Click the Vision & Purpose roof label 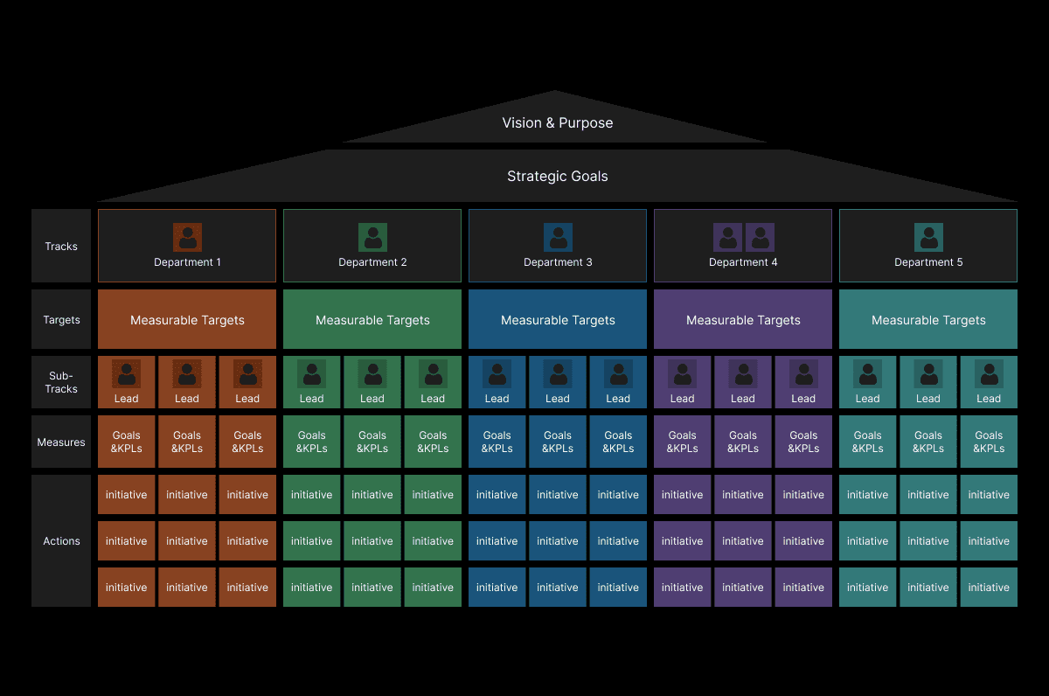557,123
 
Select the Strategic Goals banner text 557,177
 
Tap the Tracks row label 61,247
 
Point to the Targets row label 61,320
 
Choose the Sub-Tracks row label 61,382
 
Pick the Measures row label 61,442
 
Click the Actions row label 61,541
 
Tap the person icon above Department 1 187,238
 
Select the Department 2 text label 372,262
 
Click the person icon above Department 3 558,238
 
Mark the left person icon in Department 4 728,238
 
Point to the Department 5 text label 928,262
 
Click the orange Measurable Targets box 187,320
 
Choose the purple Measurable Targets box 743,320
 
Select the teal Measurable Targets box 928,320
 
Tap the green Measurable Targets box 372,320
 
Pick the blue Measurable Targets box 558,320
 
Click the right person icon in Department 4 760,238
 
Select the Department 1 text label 187,262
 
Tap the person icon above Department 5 928,238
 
